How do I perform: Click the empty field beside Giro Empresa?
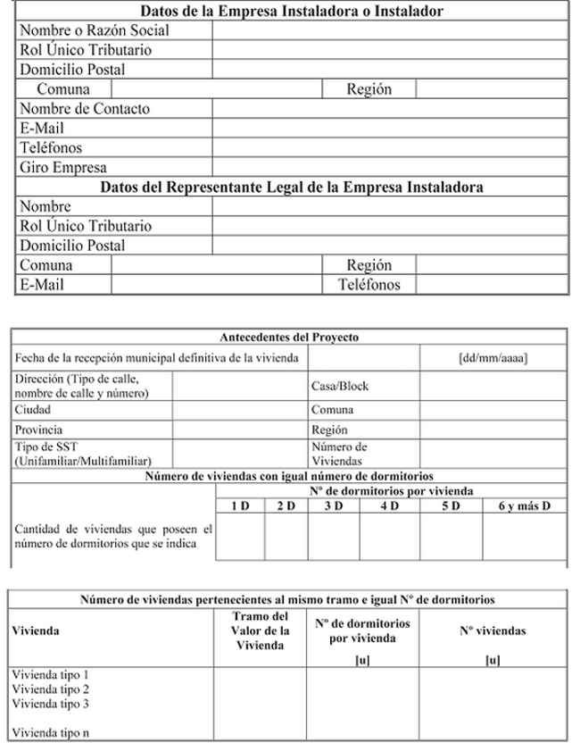(x=388, y=168)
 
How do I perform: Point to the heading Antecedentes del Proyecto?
(x=289, y=338)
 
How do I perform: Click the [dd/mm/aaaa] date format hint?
(x=493, y=358)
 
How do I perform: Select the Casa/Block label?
(x=339, y=387)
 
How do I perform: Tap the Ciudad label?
(x=33, y=409)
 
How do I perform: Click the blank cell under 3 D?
(x=334, y=536)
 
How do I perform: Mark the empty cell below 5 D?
(x=450, y=536)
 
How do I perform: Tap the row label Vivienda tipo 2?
(x=52, y=689)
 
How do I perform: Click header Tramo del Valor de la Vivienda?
(x=260, y=631)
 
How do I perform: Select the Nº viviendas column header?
(x=493, y=631)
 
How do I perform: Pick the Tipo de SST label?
(x=49, y=447)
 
